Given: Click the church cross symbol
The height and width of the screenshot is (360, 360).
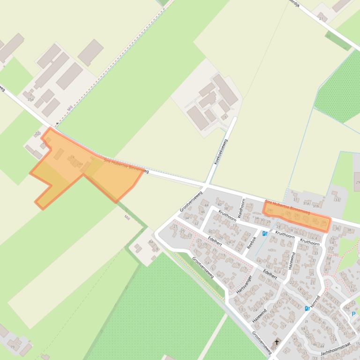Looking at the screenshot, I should point(277,343).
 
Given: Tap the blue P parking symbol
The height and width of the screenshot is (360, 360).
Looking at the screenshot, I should point(353,314).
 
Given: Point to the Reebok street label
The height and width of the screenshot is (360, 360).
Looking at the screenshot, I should point(251,242).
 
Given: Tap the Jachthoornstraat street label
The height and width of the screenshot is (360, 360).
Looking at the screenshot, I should point(336,351).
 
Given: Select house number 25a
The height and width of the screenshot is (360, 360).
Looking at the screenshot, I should point(31,99).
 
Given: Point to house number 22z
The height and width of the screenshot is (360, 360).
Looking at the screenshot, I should point(38,134).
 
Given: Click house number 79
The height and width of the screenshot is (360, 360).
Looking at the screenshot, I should point(13,347).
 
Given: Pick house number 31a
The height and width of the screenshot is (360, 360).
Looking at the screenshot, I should point(306,203).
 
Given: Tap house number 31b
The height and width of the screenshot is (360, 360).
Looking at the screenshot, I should point(316,205).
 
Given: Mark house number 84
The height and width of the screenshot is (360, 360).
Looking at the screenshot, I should point(151,242).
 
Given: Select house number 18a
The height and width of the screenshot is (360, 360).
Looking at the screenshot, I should point(346,308).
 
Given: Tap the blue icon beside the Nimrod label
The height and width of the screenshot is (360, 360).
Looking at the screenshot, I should point(308,308).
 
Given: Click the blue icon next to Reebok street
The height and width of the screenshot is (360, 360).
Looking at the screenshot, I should point(265,233).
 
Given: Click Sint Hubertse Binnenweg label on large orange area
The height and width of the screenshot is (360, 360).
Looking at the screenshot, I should point(126,166).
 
